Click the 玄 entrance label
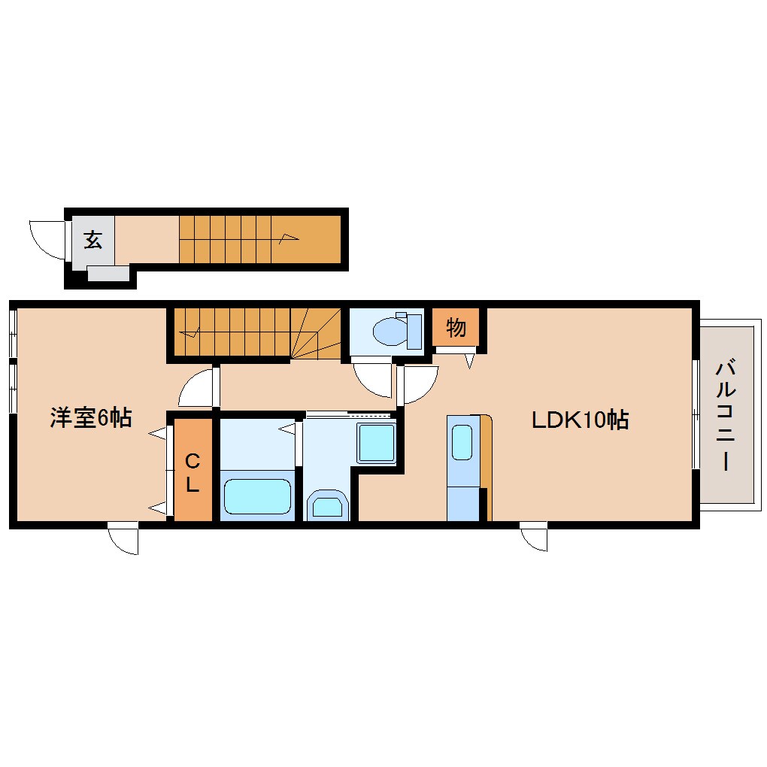(92, 240)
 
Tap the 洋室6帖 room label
(91, 418)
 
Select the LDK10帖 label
(580, 420)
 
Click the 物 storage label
(456, 328)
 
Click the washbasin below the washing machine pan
(327, 505)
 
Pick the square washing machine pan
(375, 444)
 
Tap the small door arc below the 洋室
(124, 539)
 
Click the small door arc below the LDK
(534, 538)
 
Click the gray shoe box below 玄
(108, 273)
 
